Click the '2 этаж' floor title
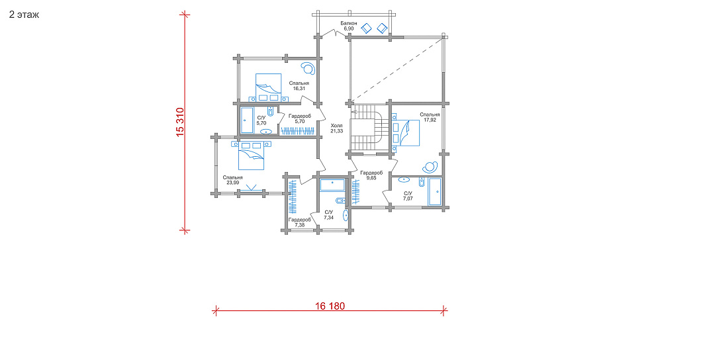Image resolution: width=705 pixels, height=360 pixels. pyautogui.click(x=24, y=15)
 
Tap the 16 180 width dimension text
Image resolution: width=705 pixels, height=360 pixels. pyautogui.click(x=330, y=306)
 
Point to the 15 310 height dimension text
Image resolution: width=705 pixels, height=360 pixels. pyautogui.click(x=180, y=122)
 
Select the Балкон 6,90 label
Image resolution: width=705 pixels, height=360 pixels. pyautogui.click(x=348, y=26)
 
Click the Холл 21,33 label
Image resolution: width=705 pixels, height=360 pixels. pyautogui.click(x=336, y=128)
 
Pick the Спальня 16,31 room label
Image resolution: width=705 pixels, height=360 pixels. pyautogui.click(x=299, y=86)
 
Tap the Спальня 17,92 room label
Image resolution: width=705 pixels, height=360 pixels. pyautogui.click(x=430, y=117)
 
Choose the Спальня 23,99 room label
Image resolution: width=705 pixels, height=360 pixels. pyautogui.click(x=232, y=180)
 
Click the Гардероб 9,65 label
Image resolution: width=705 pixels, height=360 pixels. pyautogui.click(x=371, y=175)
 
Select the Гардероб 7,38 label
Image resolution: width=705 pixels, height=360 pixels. pyautogui.click(x=299, y=222)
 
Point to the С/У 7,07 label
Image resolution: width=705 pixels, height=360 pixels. pyautogui.click(x=408, y=195)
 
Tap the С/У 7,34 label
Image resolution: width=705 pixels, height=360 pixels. pyautogui.click(x=329, y=215)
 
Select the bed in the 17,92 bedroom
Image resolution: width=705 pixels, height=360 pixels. pyautogui.click(x=408, y=132)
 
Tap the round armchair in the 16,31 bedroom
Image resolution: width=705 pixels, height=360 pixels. pyautogui.click(x=308, y=68)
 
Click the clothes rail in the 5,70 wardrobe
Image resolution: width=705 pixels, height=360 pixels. pyautogui.click(x=297, y=131)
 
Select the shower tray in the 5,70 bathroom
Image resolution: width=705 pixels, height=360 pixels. pyautogui.click(x=247, y=120)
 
